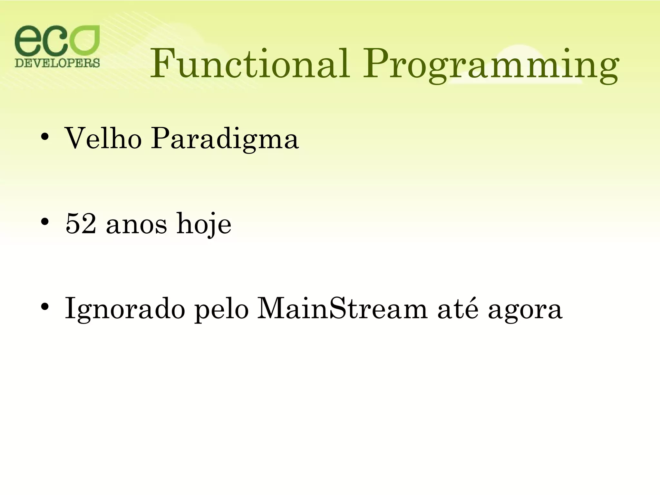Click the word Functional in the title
click(250, 63)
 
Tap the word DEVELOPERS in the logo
click(57, 62)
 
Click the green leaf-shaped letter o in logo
click(85, 40)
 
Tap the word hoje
click(204, 225)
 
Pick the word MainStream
click(342, 309)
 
